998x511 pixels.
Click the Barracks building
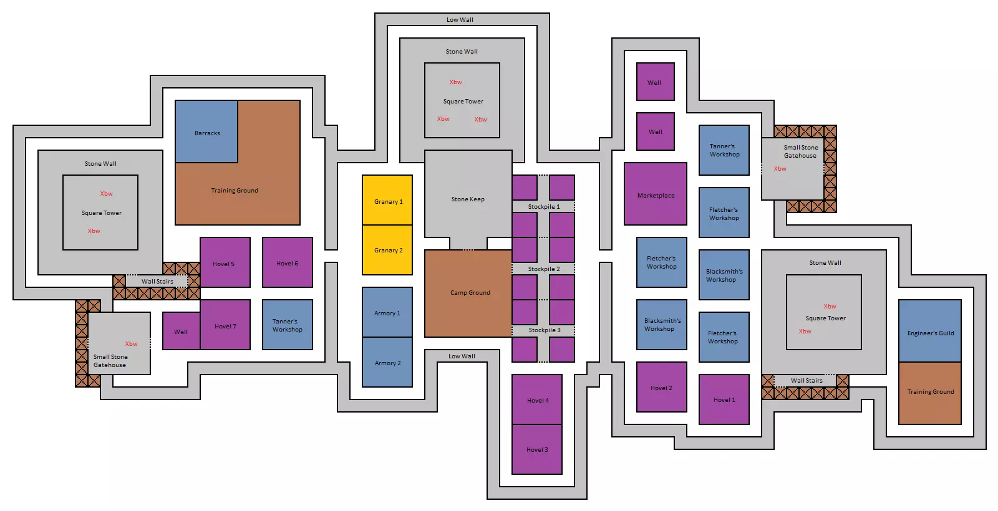click(206, 132)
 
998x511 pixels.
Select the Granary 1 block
click(387, 201)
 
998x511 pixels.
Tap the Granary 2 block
click(387, 250)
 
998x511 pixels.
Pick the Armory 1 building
click(387, 313)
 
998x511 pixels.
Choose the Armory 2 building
click(387, 363)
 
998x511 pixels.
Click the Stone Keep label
click(468, 199)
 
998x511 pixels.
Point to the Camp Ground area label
click(470, 293)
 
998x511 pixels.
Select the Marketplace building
click(656, 194)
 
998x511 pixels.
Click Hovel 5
click(225, 263)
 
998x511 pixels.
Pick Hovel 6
click(288, 263)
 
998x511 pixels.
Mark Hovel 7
click(225, 325)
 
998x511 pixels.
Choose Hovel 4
click(537, 399)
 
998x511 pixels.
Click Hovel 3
click(537, 449)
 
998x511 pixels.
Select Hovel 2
click(661, 388)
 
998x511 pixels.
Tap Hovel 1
click(724, 399)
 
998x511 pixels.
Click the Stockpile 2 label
click(544, 269)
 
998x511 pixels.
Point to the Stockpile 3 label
click(545, 330)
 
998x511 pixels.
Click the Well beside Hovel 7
click(181, 332)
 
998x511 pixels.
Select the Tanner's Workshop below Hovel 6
click(288, 325)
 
